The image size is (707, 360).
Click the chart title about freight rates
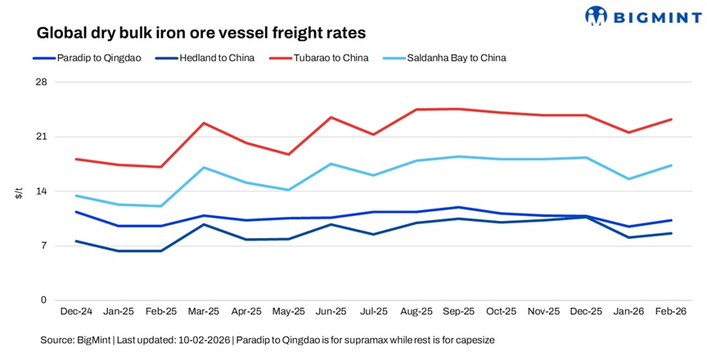pyautogui.click(x=200, y=34)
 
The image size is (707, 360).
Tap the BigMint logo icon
pyautogui.click(x=597, y=15)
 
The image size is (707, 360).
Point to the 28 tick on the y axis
pyautogui.click(x=41, y=83)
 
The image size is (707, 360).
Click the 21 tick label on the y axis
pyautogui.click(x=41, y=137)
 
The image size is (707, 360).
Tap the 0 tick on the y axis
pyautogui.click(x=43, y=300)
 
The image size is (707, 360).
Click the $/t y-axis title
pyautogui.click(x=18, y=192)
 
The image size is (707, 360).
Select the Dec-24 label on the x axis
pyautogui.click(x=76, y=312)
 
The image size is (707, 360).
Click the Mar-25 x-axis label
pyautogui.click(x=204, y=312)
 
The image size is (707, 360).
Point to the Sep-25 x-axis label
pyautogui.click(x=459, y=312)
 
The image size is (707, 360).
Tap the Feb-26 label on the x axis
pyautogui.click(x=672, y=312)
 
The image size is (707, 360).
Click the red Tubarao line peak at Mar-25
pyautogui.click(x=204, y=123)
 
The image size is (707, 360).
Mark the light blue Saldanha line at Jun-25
pyautogui.click(x=331, y=164)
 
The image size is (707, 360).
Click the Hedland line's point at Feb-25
pyautogui.click(x=161, y=250)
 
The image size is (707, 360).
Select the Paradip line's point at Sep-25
pyautogui.click(x=459, y=207)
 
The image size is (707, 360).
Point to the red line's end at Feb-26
pyautogui.click(x=672, y=119)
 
